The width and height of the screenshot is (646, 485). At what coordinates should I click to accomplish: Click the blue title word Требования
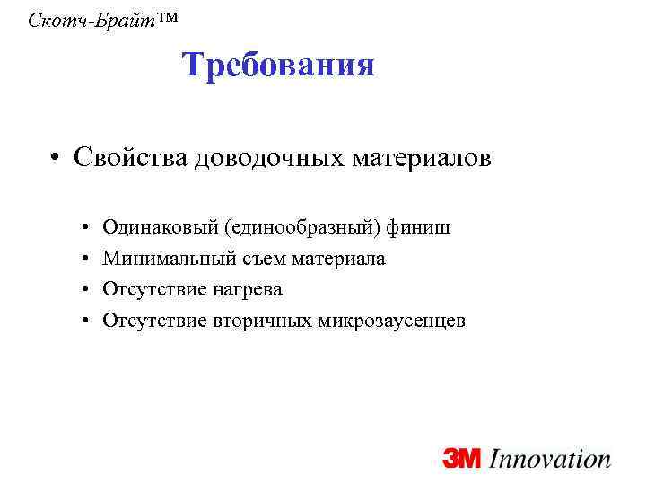pyautogui.click(x=278, y=65)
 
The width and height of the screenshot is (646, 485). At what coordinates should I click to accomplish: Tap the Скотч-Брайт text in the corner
pyautogui.click(x=83, y=19)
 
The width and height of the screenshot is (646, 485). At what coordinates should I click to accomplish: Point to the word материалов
pyautogui.click(x=416, y=159)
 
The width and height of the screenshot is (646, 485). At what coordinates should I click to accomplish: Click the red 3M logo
pyautogui.click(x=463, y=460)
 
